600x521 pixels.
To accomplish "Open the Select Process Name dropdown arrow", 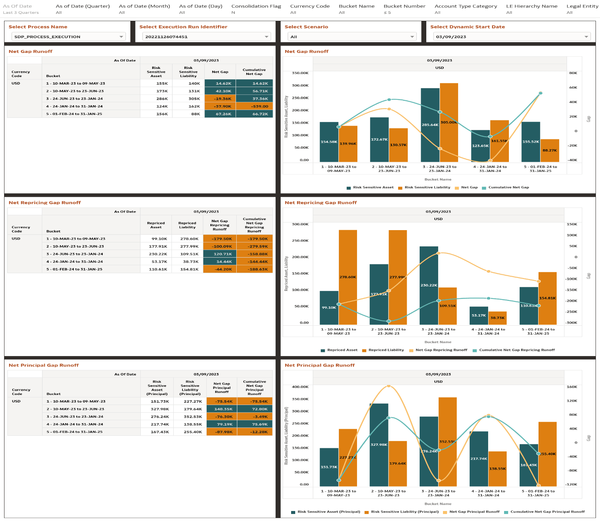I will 121,37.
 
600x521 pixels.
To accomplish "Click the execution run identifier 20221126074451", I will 166,37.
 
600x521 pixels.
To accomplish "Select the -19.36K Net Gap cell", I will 220,99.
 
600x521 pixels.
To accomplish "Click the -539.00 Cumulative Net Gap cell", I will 254,106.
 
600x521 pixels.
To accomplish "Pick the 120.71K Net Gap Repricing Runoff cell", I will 220,254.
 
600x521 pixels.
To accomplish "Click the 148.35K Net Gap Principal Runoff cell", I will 221,409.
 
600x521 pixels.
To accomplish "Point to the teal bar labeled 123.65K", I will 480,148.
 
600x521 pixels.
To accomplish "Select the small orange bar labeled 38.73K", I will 497,319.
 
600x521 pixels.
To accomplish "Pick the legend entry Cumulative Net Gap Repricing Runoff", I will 517,350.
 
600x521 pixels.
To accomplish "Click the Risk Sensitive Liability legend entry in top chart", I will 427,188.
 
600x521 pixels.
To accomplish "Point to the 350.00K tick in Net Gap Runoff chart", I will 300,73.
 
